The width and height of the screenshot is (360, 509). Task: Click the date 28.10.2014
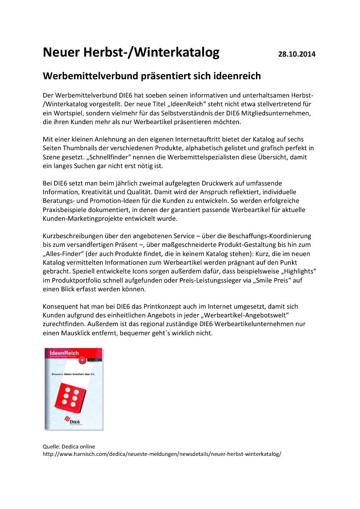(x=296, y=54)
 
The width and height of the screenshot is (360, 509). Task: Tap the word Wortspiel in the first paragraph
(x=63, y=113)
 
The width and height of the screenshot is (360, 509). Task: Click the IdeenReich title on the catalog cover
(x=61, y=353)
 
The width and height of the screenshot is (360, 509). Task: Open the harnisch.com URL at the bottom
(x=162, y=454)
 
